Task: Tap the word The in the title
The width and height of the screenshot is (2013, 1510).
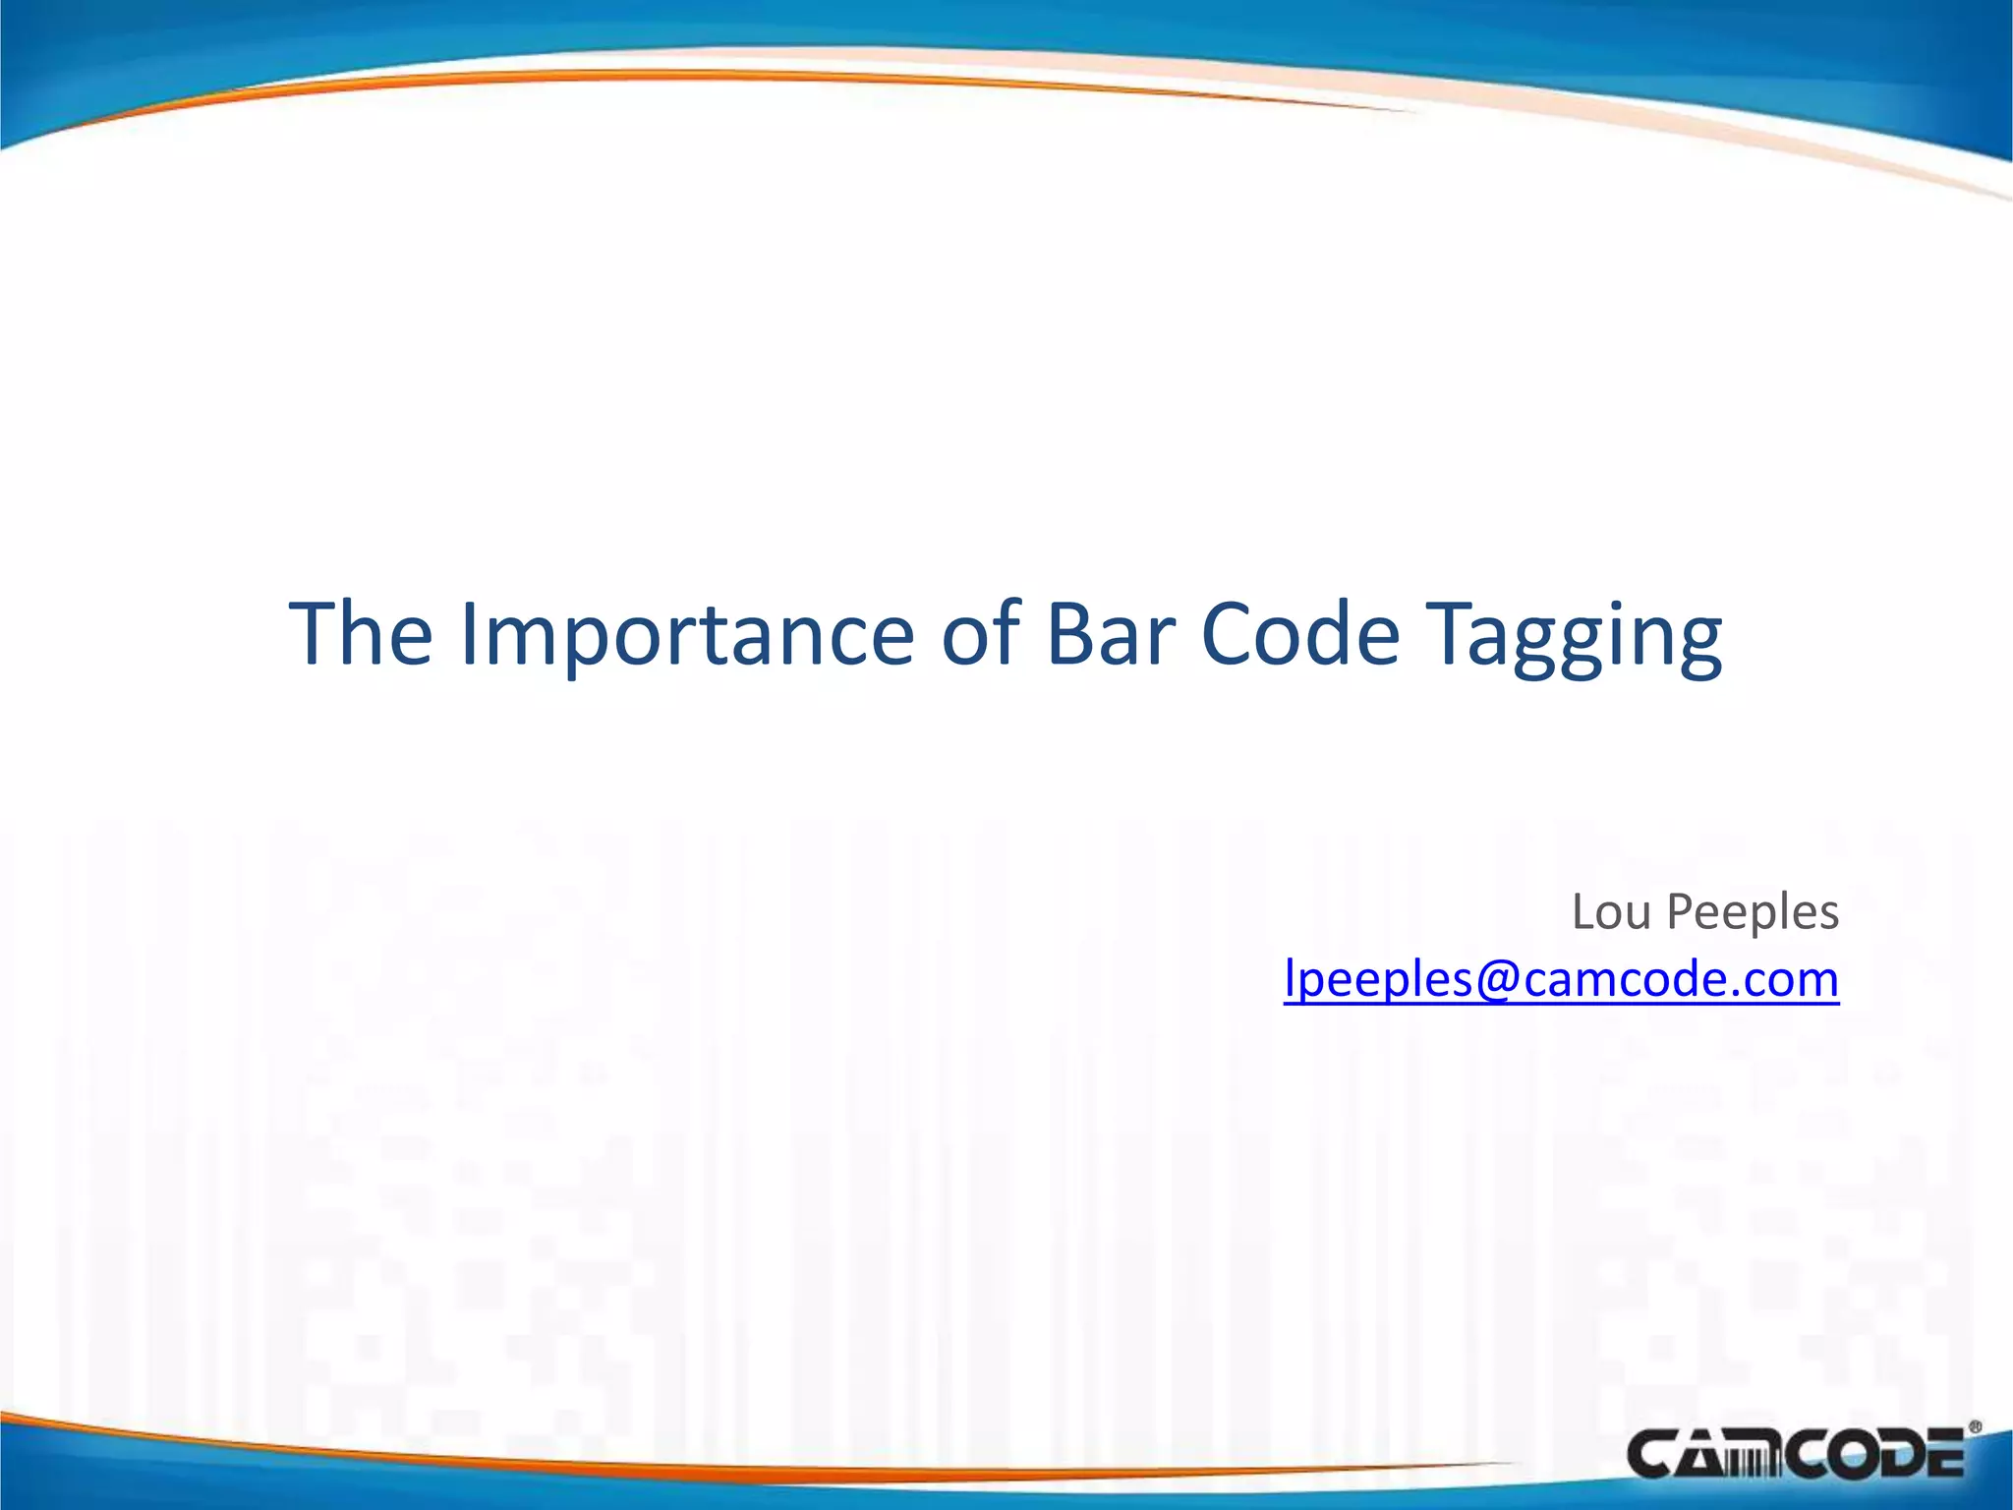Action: [x=360, y=634]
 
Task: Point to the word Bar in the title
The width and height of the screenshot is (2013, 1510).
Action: [x=1110, y=634]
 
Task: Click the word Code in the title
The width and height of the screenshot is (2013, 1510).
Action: [x=1299, y=634]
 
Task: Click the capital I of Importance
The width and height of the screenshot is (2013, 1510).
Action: [x=468, y=634]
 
